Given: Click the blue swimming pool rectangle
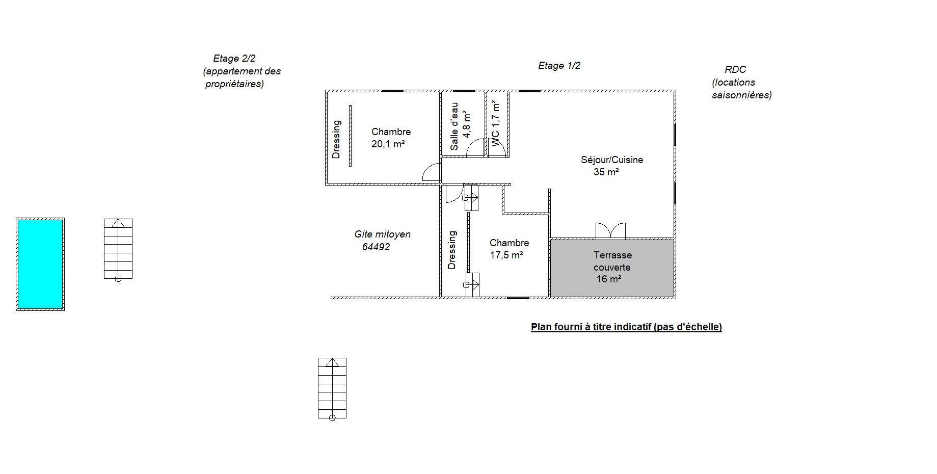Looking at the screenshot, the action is (40, 264).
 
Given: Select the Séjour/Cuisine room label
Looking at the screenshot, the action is (612, 160).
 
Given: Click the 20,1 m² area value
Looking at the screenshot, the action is (388, 144).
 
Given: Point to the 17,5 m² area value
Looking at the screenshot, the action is (506, 255).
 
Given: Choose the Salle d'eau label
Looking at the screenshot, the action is (454, 126).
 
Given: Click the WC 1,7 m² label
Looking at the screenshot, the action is (495, 123).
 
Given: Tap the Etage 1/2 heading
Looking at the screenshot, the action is (559, 66).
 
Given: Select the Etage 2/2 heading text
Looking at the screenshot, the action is (234, 59).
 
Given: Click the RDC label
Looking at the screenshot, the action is (735, 70).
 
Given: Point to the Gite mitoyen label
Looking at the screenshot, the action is (383, 234).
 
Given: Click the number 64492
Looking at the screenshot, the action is (376, 247).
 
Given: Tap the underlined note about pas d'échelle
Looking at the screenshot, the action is (626, 327).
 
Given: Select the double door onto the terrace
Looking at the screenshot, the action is (610, 230).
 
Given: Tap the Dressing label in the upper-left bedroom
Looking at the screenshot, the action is (336, 139).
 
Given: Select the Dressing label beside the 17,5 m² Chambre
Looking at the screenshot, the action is (452, 250).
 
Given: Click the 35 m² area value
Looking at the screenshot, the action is (606, 172).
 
